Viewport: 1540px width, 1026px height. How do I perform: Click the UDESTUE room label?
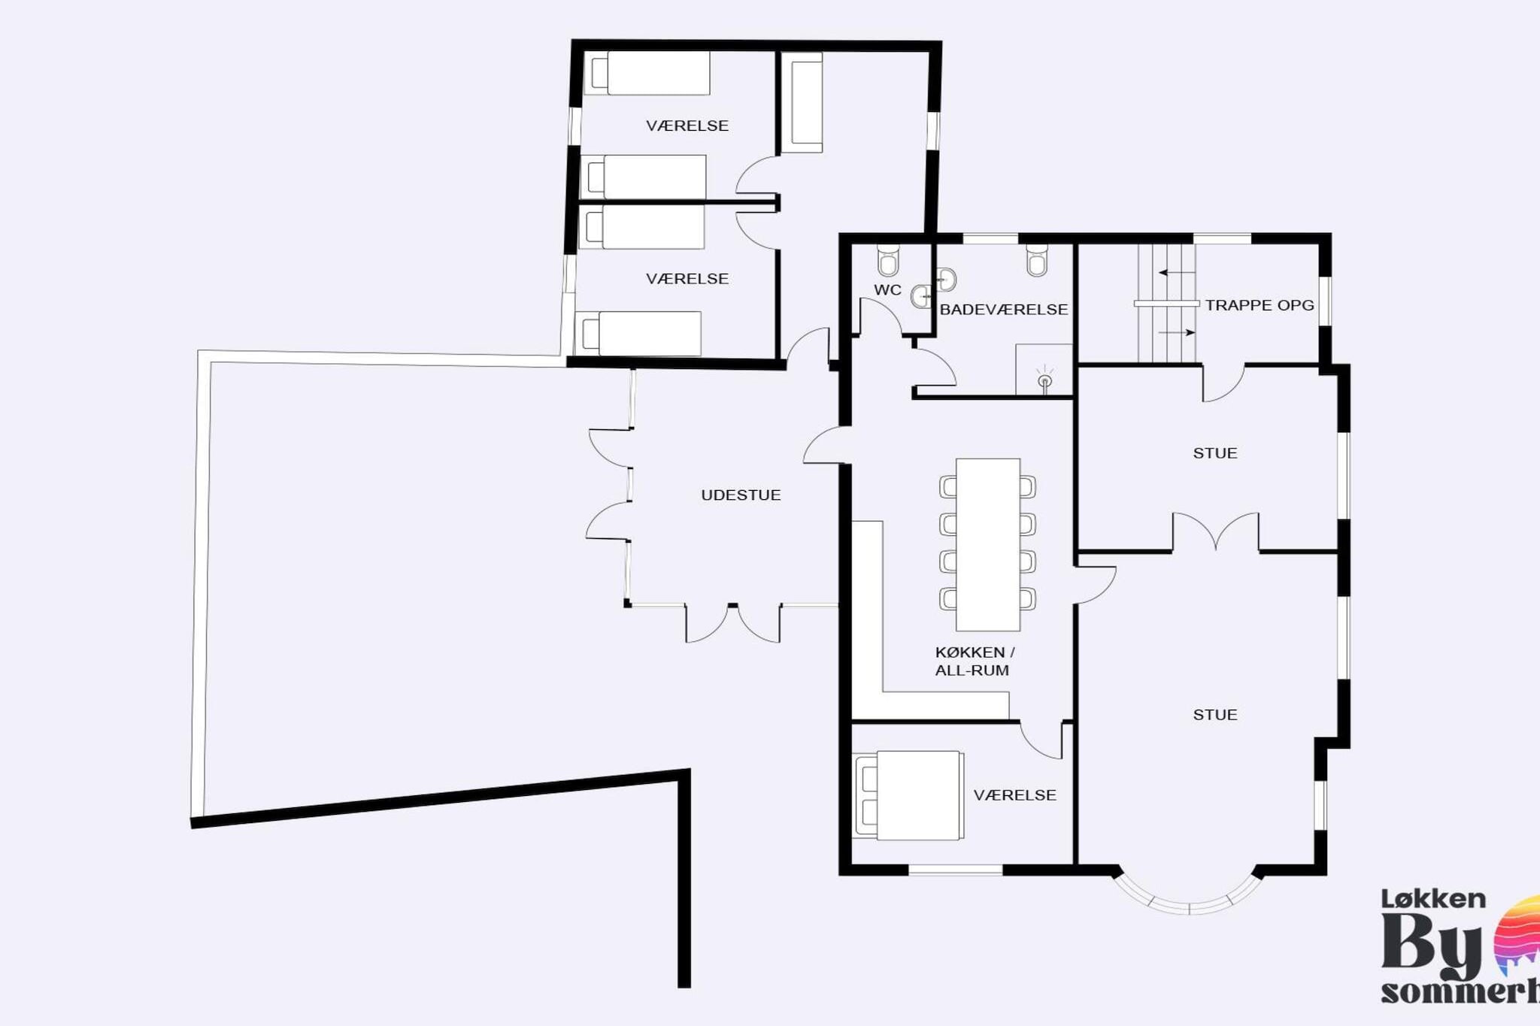pyautogui.click(x=741, y=495)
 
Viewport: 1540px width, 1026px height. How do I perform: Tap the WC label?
pyautogui.click(x=887, y=290)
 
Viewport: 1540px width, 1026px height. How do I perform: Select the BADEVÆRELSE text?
pyautogui.click(x=1004, y=310)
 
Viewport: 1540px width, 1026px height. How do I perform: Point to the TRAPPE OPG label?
pyautogui.click(x=1260, y=306)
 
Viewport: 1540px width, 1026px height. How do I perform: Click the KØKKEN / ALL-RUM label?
pyautogui.click(x=974, y=661)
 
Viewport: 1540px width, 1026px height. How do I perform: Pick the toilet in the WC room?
pyautogui.click(x=888, y=261)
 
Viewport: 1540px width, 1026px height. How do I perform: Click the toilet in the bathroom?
pyautogui.click(x=1037, y=260)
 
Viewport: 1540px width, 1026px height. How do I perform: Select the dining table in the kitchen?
pyautogui.click(x=987, y=544)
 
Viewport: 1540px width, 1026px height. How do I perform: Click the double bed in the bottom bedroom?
pyautogui.click(x=910, y=794)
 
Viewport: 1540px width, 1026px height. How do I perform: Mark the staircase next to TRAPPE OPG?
pyautogui.click(x=1166, y=304)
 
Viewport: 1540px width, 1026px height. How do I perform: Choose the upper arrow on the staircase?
pyautogui.click(x=1176, y=272)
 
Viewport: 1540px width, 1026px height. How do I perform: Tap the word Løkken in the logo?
pyautogui.click(x=1433, y=899)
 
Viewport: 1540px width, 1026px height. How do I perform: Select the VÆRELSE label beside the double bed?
pyautogui.click(x=1014, y=795)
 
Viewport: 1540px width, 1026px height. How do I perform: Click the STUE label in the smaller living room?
pyautogui.click(x=1214, y=453)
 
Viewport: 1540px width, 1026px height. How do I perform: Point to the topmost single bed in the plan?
pyautogui.click(x=648, y=73)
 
